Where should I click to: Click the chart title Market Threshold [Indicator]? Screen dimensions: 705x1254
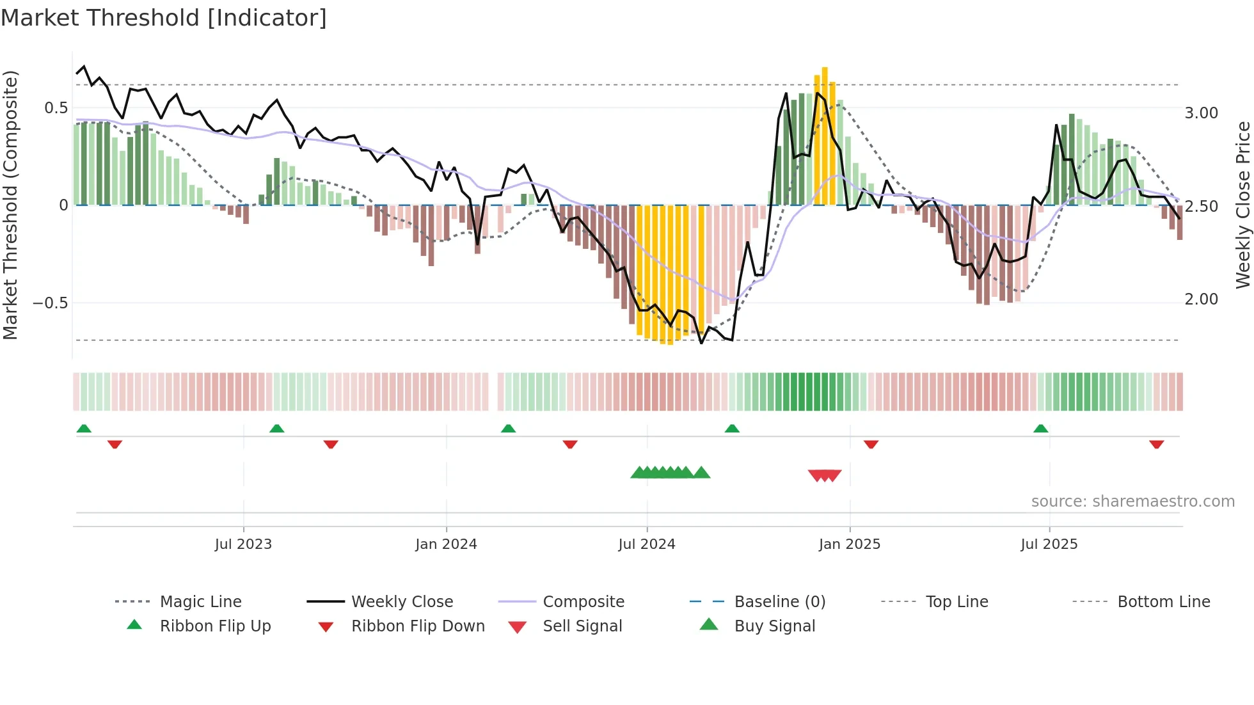tap(164, 18)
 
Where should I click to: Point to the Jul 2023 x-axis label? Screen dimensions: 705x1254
tap(243, 544)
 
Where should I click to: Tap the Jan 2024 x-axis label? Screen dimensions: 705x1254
tap(446, 544)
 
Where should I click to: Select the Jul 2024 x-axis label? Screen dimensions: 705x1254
tap(647, 544)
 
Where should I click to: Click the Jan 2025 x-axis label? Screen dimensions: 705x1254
tap(850, 544)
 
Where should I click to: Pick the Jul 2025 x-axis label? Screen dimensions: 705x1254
tap(1049, 544)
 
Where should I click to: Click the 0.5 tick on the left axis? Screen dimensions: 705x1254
tap(56, 108)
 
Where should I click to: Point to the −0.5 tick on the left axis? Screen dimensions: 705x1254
tap(51, 303)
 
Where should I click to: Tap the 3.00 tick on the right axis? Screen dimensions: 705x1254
tap(1201, 113)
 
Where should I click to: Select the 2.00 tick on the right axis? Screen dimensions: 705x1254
tap(1201, 299)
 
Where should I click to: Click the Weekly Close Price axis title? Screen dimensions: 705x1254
tap(1242, 205)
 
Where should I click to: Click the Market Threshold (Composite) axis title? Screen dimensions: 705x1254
tap(11, 205)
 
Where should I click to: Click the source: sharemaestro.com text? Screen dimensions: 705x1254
tap(1132, 502)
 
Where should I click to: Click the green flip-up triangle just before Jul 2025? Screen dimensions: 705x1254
tap(1041, 429)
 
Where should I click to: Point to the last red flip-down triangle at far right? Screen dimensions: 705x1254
tap(1156, 444)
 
